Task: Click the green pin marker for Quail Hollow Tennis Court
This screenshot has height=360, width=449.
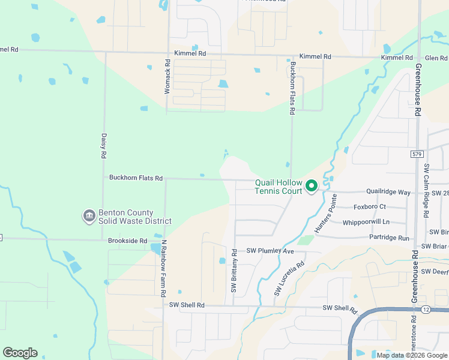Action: pos(312,187)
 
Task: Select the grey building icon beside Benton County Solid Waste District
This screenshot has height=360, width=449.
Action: pos(89,215)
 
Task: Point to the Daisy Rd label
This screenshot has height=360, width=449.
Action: pos(104,146)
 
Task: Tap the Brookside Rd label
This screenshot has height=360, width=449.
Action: pos(127,241)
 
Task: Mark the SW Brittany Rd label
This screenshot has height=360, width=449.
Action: pos(234,271)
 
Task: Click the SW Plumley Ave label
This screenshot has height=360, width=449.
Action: pos(270,251)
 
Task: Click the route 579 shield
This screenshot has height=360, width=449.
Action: pos(417,154)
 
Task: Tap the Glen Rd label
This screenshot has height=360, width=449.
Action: pos(436,58)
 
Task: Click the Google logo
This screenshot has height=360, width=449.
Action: pos(20,353)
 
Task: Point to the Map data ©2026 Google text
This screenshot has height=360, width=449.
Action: pos(411,355)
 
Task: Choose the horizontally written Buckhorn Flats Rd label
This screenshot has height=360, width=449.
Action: pos(136,178)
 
